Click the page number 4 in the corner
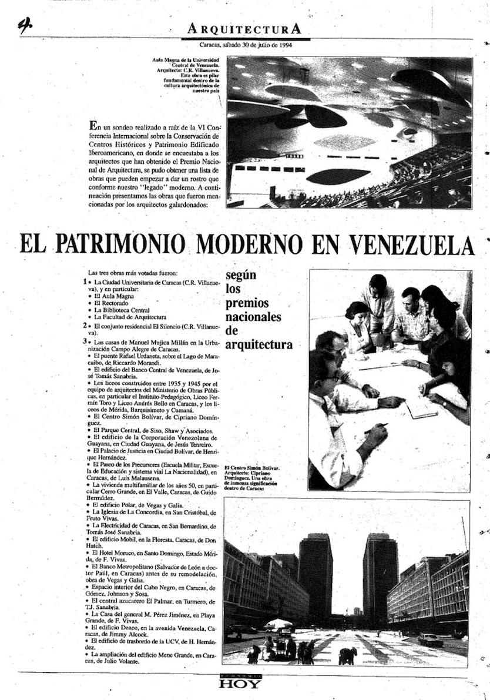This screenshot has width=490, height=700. (25, 25)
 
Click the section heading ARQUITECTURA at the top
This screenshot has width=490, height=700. (244, 28)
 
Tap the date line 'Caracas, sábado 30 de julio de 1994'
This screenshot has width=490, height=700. (245, 45)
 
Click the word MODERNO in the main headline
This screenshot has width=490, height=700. (259, 244)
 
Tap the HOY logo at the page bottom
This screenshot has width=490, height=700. (240, 683)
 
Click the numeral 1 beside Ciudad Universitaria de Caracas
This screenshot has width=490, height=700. (85, 282)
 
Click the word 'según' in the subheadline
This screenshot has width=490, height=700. (241, 275)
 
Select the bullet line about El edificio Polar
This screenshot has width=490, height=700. (135, 505)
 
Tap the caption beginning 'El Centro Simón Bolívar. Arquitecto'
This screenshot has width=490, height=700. (256, 478)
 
